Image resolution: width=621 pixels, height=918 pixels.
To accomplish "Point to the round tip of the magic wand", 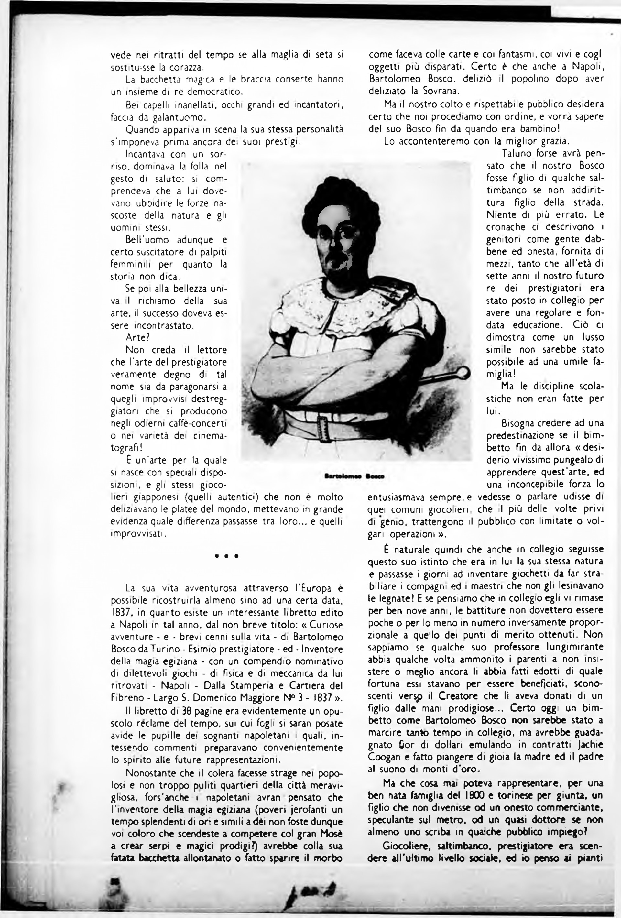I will (x=463, y=372).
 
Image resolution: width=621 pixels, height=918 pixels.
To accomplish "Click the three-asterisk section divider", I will (x=226, y=556).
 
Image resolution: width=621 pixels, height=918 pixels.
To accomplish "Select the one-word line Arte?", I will (x=138, y=338).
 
